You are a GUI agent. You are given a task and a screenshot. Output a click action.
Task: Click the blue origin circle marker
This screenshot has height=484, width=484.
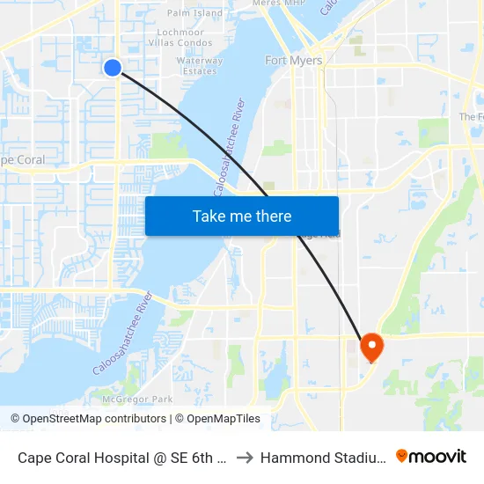click(113, 68)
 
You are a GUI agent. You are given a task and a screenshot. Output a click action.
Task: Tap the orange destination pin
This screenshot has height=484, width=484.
click(370, 345)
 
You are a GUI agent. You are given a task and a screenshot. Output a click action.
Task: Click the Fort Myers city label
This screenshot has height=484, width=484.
click(294, 61)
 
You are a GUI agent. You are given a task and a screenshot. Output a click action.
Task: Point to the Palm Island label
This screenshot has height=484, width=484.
click(194, 13)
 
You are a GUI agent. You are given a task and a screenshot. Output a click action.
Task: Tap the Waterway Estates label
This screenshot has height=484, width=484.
click(200, 66)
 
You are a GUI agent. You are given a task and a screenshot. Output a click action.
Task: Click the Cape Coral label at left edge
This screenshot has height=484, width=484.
click(21, 160)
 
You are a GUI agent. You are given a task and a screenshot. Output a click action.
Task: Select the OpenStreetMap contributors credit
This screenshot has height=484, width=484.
click(88, 419)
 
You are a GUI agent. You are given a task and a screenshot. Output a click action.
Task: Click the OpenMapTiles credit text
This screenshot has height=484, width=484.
click(217, 419)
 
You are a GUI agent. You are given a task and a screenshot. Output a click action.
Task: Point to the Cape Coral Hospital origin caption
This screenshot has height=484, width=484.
click(123, 458)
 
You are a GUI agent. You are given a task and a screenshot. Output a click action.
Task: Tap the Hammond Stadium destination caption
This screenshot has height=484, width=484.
click(319, 458)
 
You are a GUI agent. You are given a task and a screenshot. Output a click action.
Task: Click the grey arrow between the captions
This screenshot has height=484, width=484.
click(245, 458)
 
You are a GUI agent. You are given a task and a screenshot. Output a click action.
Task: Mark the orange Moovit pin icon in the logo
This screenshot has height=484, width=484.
click(402, 456)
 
